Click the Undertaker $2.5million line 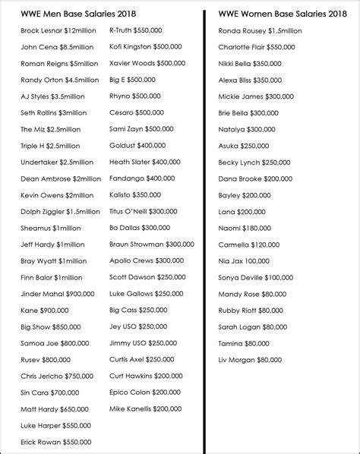click(58, 162)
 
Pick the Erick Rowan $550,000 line click(56, 442)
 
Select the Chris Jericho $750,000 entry click(58, 376)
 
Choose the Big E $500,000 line click(132, 80)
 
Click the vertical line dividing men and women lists click(206, 228)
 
